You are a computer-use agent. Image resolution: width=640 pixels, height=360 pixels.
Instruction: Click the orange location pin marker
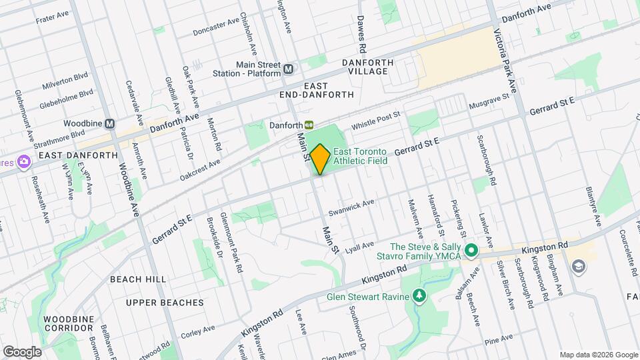320,159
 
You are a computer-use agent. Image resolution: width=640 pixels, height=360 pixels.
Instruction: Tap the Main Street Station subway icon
289,69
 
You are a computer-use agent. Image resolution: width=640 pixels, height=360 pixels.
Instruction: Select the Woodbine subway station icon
110,124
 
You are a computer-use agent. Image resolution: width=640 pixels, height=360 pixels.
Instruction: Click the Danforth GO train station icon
309,125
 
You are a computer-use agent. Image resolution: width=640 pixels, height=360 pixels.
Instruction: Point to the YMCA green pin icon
472,251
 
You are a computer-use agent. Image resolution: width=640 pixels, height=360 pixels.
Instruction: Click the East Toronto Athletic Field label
360,156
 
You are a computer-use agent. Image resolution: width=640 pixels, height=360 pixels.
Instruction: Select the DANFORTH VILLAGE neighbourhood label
365,67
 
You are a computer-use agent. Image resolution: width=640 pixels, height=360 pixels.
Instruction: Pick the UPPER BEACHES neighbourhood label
165,303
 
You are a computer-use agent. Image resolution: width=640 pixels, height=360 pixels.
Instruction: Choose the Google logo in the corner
22,351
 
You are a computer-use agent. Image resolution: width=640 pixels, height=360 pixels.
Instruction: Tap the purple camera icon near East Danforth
24,162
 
